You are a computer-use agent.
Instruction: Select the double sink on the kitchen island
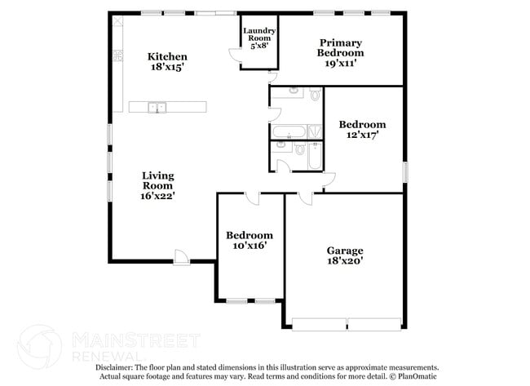pyautogui.click(x=157, y=107)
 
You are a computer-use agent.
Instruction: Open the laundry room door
pyautogui.click(x=236, y=55)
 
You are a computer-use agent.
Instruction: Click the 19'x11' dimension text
pyautogui.click(x=340, y=63)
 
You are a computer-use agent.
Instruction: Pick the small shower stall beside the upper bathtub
pyautogui.click(x=316, y=131)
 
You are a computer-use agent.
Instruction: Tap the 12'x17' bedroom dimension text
pyautogui.click(x=362, y=136)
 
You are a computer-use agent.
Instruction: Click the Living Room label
pyautogui.click(x=157, y=180)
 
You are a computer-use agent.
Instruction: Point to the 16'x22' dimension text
pyautogui.click(x=157, y=196)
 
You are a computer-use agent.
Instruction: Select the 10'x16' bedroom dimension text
pyautogui.click(x=249, y=245)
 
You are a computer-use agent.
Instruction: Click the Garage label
pyautogui.click(x=345, y=251)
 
